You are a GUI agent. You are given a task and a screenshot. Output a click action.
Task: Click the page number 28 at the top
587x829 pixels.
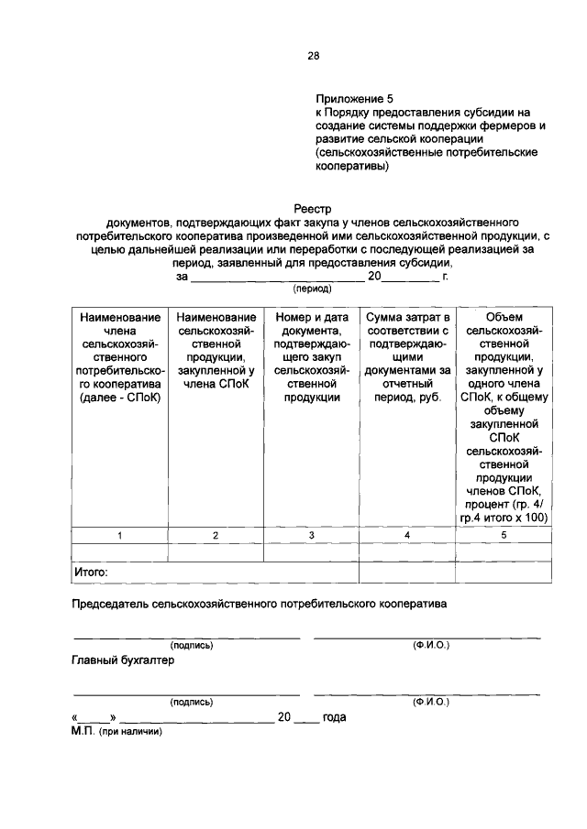(x=313, y=56)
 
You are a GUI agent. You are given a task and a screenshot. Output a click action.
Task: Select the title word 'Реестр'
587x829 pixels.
(x=312, y=208)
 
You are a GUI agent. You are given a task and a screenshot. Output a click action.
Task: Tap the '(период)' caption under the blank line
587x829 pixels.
(x=312, y=288)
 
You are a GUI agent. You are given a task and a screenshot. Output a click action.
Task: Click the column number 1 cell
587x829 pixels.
(x=119, y=535)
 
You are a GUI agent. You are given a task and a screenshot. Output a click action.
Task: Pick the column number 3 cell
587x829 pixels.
(x=311, y=535)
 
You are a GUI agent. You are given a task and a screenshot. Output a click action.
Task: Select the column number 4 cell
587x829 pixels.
(x=406, y=535)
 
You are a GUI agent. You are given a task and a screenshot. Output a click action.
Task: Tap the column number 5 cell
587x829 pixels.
(x=503, y=535)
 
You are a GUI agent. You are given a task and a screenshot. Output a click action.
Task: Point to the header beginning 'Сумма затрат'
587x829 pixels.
(x=406, y=357)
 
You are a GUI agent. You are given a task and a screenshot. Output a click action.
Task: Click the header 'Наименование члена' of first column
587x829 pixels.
(x=119, y=357)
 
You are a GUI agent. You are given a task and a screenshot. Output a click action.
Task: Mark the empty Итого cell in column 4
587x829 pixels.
(x=406, y=572)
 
